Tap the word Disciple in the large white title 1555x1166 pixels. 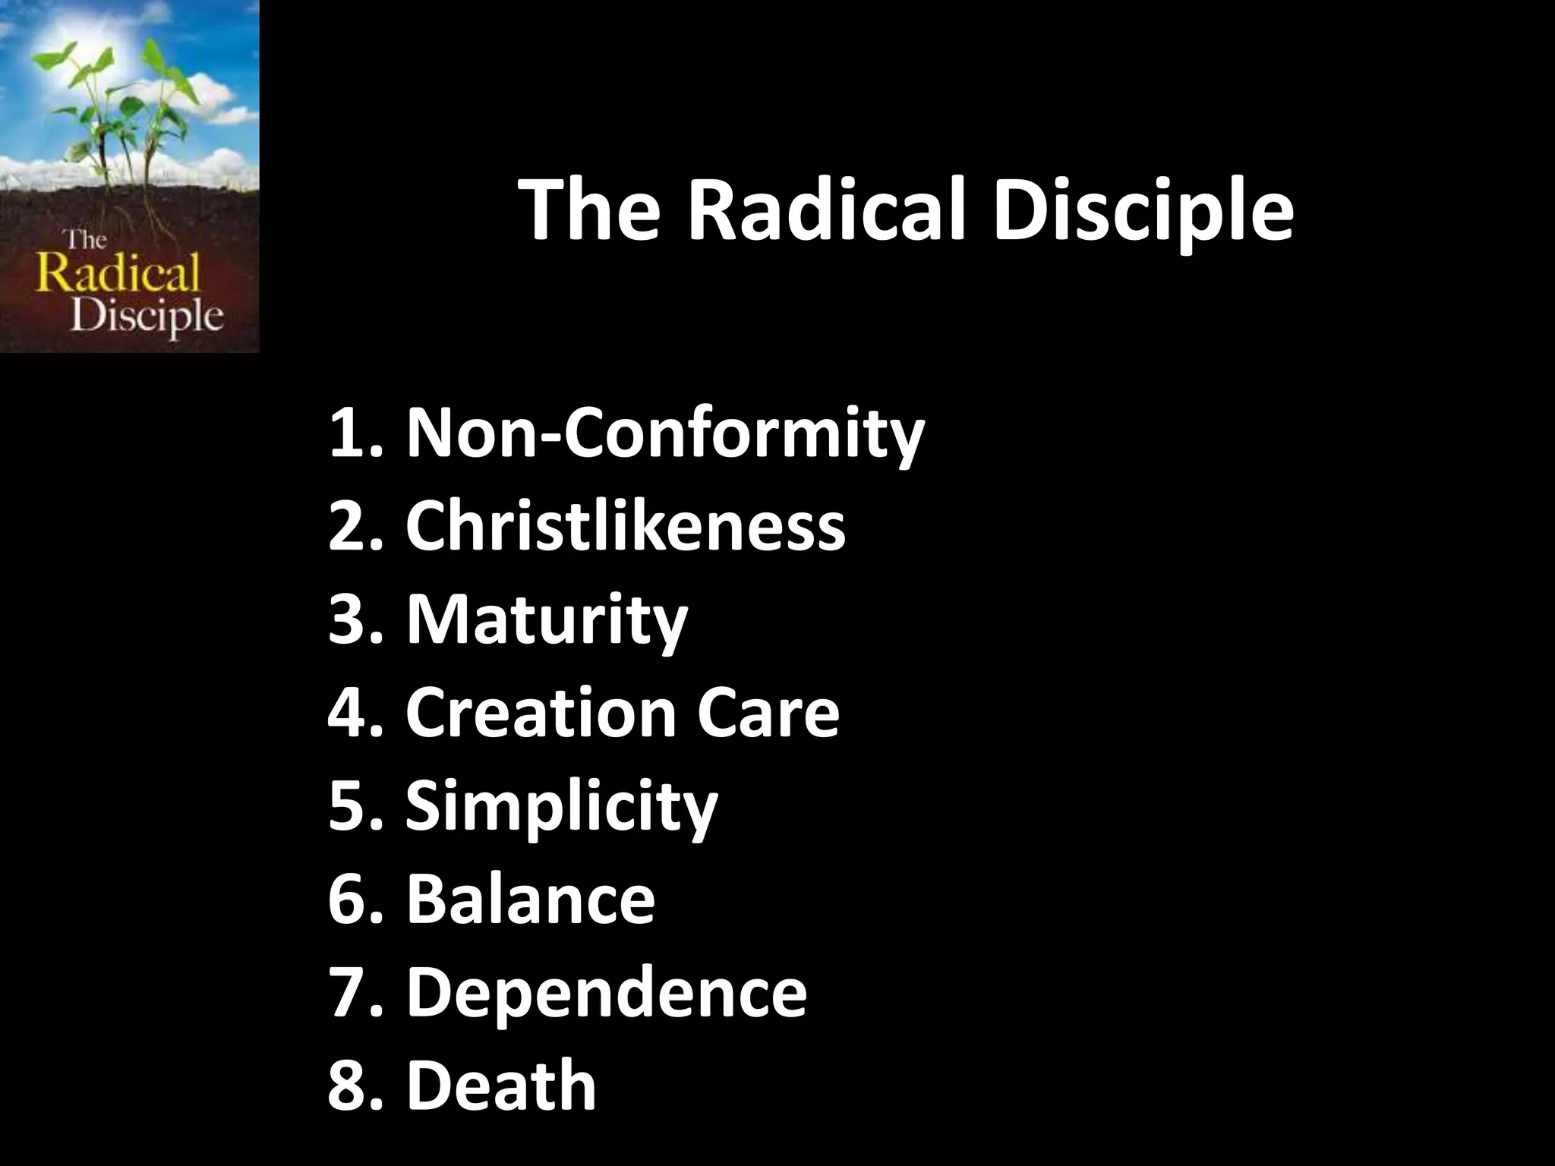pos(1142,213)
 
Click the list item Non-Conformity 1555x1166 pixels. pos(665,434)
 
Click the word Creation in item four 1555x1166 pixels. pos(540,713)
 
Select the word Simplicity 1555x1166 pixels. pos(561,807)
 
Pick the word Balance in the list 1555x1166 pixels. pos(530,899)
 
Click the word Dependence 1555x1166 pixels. pos(606,992)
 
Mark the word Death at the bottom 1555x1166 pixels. pos(501,1086)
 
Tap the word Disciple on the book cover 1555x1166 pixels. pos(147,316)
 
